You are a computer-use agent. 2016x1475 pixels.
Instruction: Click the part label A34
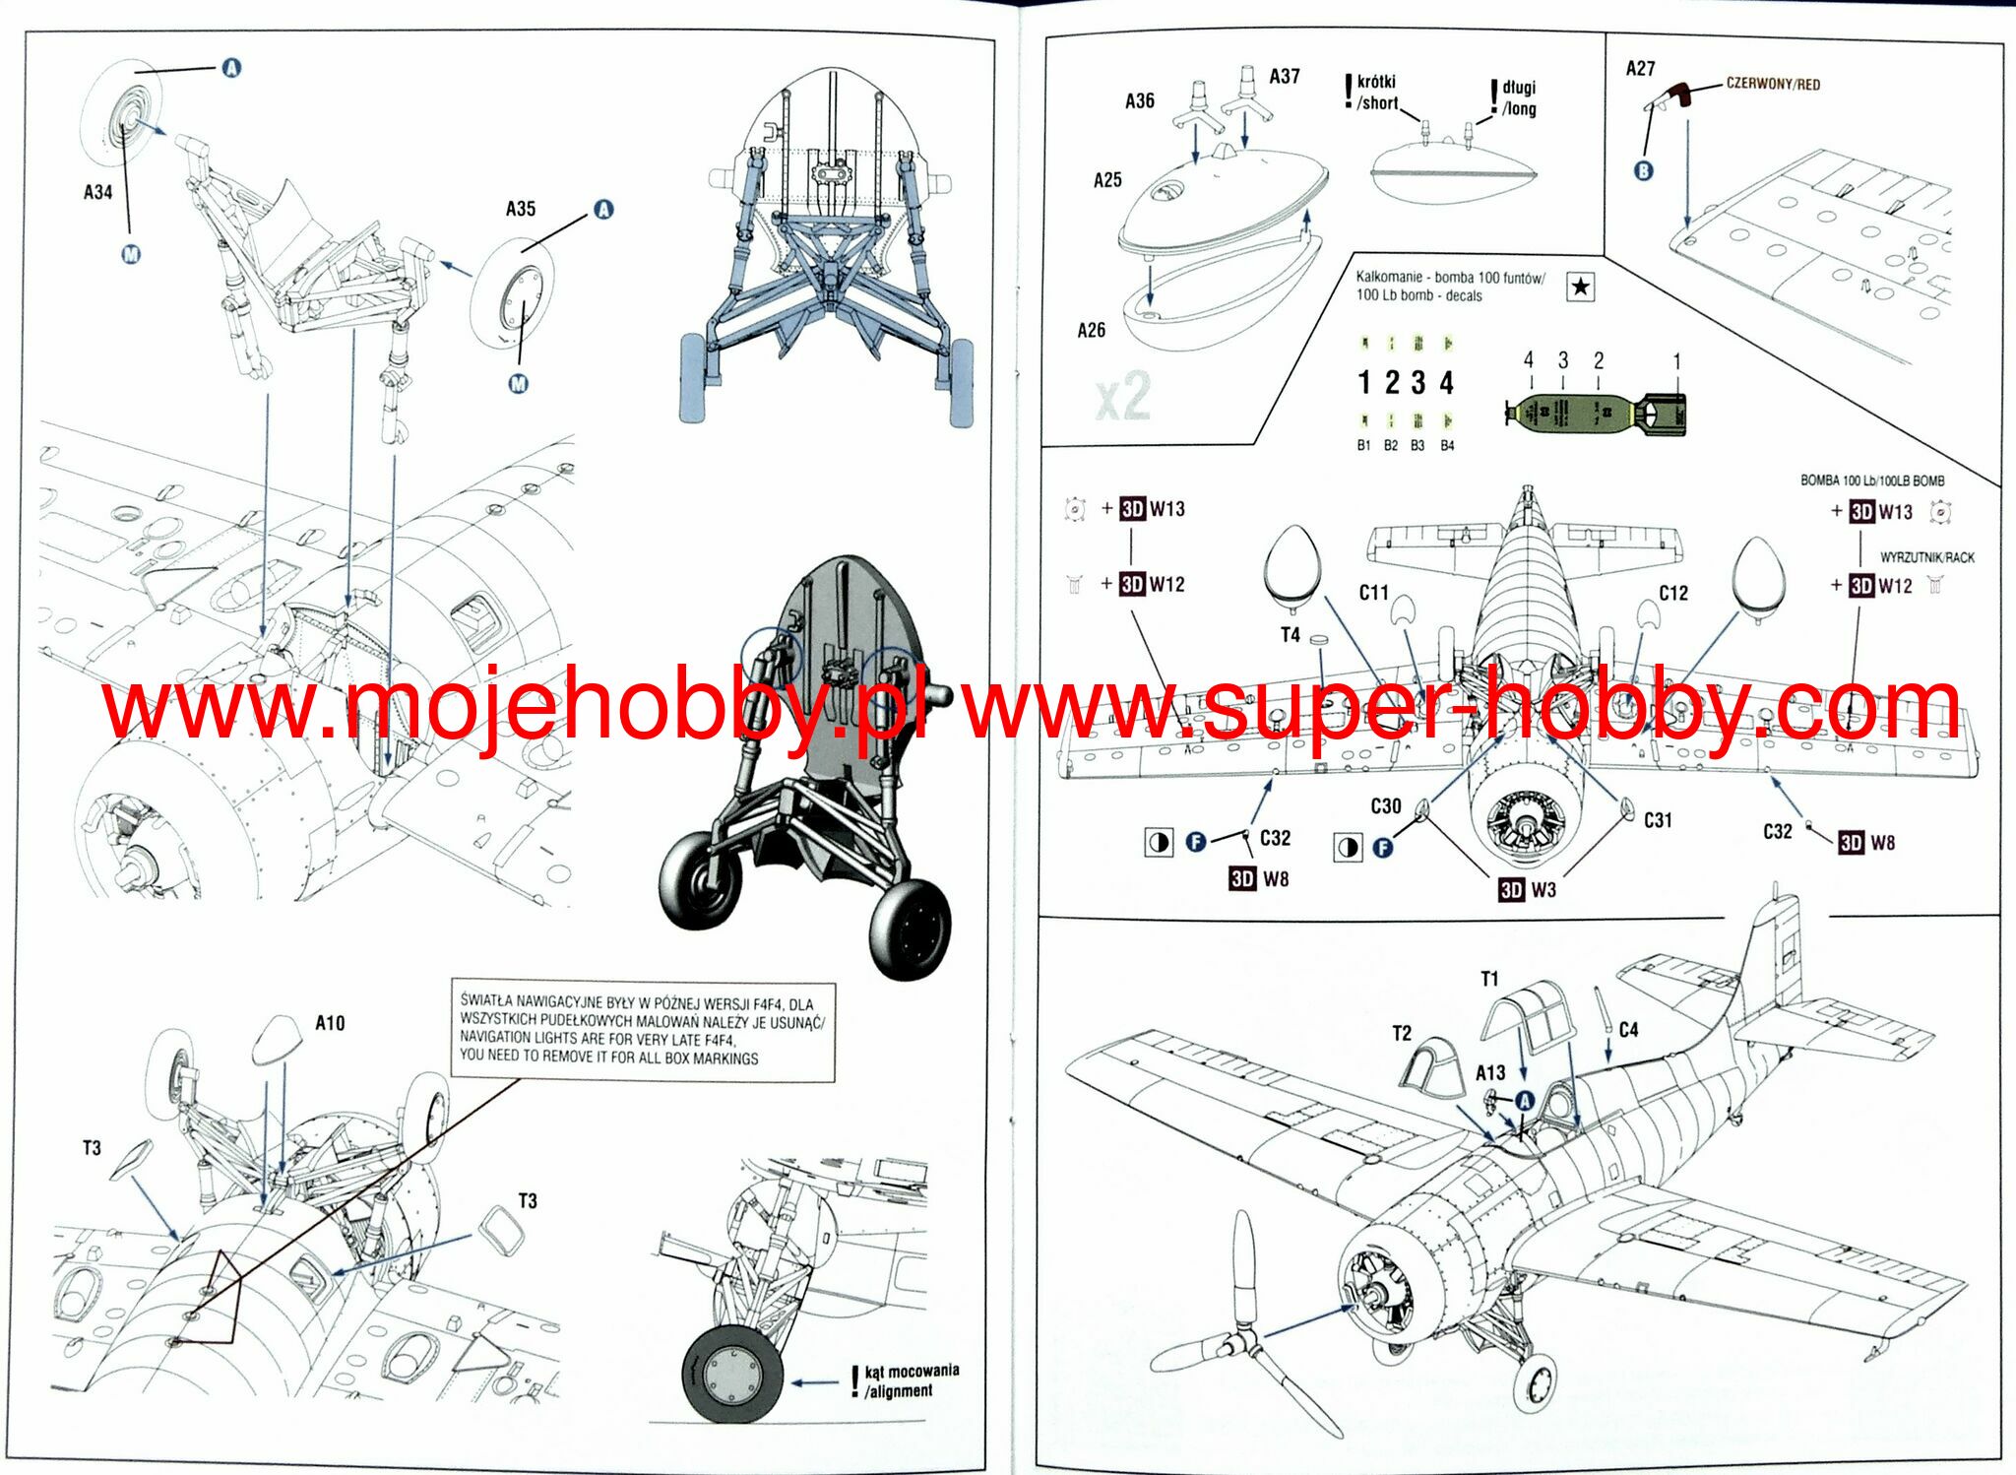(x=97, y=192)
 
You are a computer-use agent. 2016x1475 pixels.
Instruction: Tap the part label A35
(x=521, y=209)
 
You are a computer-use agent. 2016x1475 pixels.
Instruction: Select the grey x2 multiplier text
(x=1123, y=396)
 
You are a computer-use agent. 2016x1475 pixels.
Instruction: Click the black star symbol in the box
(x=1580, y=287)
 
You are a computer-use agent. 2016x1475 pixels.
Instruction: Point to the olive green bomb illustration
(x=1595, y=414)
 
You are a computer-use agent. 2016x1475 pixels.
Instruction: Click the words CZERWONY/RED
(x=1773, y=85)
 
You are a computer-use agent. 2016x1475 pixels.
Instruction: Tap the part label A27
(x=1640, y=69)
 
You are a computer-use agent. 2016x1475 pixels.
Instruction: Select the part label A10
(x=330, y=1023)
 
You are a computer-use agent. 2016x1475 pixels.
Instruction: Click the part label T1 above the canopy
(x=1489, y=979)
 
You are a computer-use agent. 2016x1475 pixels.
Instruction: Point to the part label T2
(x=1402, y=1033)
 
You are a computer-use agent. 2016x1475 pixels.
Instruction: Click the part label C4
(x=1628, y=1030)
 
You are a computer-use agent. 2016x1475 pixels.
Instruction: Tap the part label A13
(x=1490, y=1072)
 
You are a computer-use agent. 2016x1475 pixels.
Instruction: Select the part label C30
(x=1385, y=806)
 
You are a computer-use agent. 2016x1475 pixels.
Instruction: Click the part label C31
(x=1658, y=820)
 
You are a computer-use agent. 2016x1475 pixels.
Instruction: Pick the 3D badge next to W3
(x=1511, y=890)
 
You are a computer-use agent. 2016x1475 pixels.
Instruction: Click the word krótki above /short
(x=1376, y=82)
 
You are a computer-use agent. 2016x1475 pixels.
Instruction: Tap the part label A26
(x=1091, y=331)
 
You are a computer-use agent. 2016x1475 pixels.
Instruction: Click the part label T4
(x=1290, y=635)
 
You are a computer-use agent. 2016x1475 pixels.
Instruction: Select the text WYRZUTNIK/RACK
(x=1926, y=557)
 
